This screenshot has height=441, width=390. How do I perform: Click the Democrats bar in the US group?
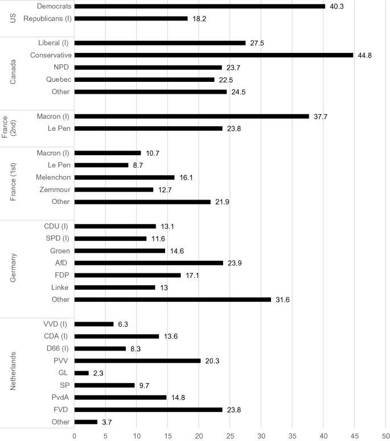199,6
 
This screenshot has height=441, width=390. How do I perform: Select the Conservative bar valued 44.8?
214,55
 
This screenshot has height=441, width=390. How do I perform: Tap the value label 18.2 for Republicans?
199,18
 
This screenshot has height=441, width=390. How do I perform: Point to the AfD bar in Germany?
149,263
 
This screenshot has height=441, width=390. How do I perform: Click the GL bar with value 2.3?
81,373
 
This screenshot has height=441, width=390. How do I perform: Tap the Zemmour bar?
114,190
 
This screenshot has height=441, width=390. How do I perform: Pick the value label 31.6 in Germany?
283,299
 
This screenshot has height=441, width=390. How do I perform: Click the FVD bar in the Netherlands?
148,410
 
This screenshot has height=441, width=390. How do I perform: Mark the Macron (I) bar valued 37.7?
191,116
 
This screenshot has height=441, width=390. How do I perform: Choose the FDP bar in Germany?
128,275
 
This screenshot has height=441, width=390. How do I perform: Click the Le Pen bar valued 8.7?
101,165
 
